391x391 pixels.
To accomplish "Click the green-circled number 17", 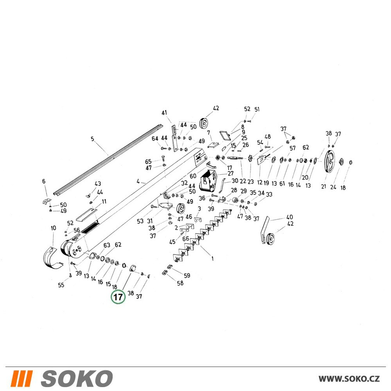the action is [x=118, y=297].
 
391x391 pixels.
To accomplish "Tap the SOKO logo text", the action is [x=77, y=378].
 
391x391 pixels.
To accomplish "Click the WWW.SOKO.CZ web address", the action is [x=349, y=378].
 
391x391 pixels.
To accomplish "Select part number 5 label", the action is [x=93, y=139].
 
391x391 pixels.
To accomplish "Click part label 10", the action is [x=53, y=228].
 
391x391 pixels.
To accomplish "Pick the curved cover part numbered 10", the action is [x=53, y=257].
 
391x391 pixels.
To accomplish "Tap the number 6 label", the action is [x=44, y=181].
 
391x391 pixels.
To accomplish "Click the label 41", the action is [x=164, y=113].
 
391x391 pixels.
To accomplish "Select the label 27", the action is [x=231, y=173].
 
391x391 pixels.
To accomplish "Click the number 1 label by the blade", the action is [x=212, y=258].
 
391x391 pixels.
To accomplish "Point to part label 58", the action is [x=180, y=283].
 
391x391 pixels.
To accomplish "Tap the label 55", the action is [x=61, y=285].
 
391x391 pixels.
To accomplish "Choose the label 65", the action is [x=148, y=162].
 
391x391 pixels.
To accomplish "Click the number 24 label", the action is [x=333, y=187].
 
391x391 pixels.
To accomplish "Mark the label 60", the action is [x=193, y=176].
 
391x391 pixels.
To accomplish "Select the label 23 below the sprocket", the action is [x=250, y=181].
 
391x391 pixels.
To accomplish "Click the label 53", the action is [x=140, y=221].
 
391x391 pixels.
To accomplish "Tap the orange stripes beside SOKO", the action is [x=22, y=378].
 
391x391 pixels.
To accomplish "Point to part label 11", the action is [x=104, y=201].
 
